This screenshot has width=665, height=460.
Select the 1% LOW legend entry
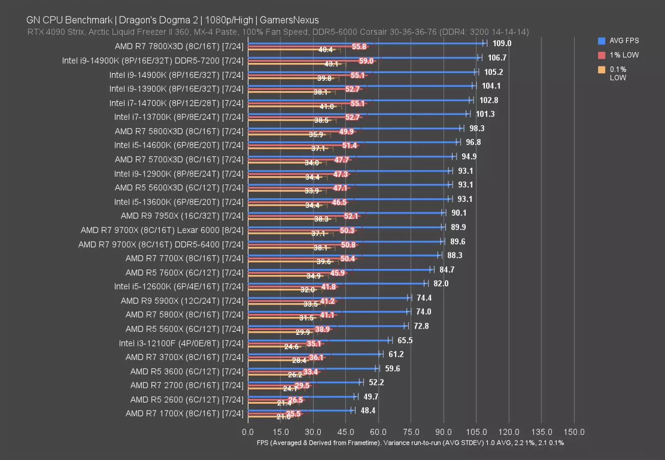(x=619, y=55)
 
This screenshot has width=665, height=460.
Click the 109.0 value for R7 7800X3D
(x=501, y=43)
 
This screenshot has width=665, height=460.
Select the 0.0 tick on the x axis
(x=248, y=432)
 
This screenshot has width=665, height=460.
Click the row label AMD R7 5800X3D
(x=179, y=131)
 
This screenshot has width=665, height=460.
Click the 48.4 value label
(x=368, y=410)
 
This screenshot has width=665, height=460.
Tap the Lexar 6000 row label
(x=162, y=230)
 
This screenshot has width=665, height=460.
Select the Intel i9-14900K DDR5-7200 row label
(x=153, y=60)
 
